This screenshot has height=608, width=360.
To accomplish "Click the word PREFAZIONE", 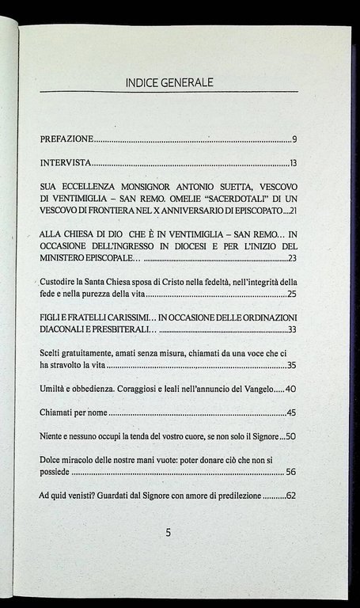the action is pyautogui.click(x=66, y=140).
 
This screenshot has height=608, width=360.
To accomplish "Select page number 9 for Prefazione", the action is pyautogui.click(x=293, y=140).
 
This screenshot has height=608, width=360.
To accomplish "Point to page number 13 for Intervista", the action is pyautogui.click(x=292, y=165).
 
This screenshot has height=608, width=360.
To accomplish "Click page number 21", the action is pyautogui.click(x=292, y=212).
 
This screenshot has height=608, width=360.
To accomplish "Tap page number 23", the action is pyautogui.click(x=292, y=259).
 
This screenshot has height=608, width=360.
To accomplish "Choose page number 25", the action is pyautogui.click(x=291, y=294).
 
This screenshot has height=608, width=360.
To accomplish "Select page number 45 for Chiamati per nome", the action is pyautogui.click(x=290, y=412).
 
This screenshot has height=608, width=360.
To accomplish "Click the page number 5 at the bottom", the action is pyautogui.click(x=169, y=533).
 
